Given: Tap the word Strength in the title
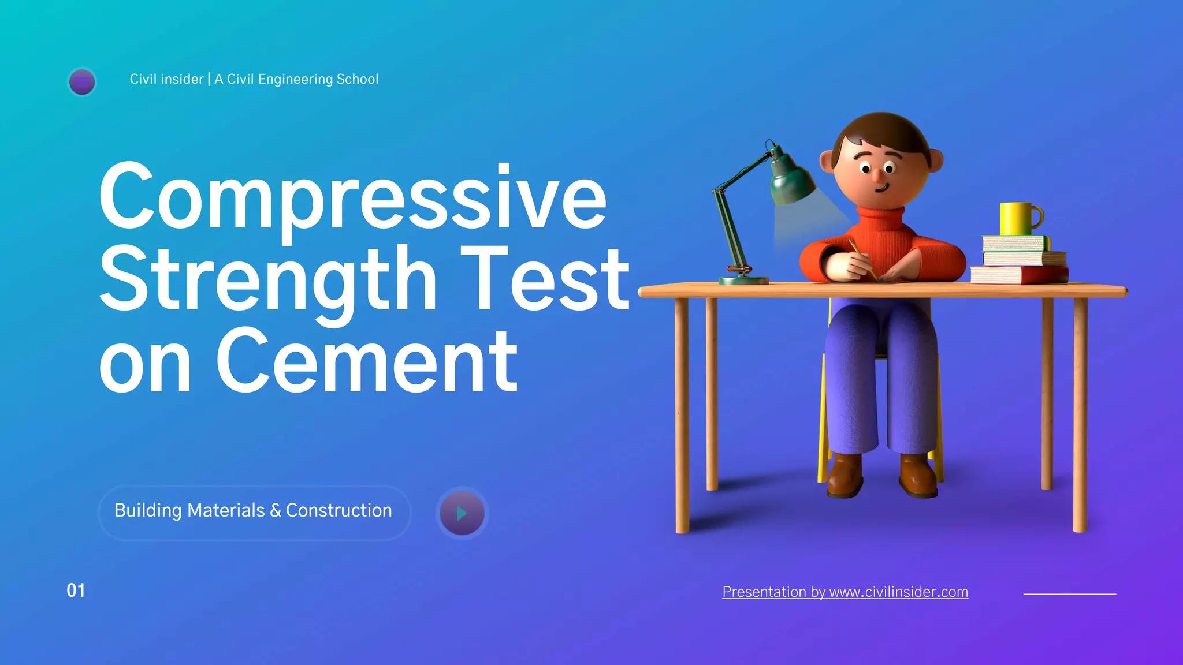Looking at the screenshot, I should pyautogui.click(x=268, y=279).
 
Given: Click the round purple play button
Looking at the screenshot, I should pyautogui.click(x=462, y=513).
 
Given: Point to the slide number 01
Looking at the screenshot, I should pyautogui.click(x=76, y=591).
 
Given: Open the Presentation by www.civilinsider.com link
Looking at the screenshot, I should pyautogui.click(x=845, y=592).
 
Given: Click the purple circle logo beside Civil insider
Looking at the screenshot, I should pyautogui.click(x=82, y=81).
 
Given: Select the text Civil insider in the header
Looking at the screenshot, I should pyautogui.click(x=166, y=79).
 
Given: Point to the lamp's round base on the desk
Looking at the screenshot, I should pyautogui.click(x=743, y=280).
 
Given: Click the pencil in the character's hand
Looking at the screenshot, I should pyautogui.click(x=861, y=257).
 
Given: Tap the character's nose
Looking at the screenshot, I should pyautogui.click(x=877, y=174).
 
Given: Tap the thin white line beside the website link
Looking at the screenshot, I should pyautogui.click(x=1069, y=593).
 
